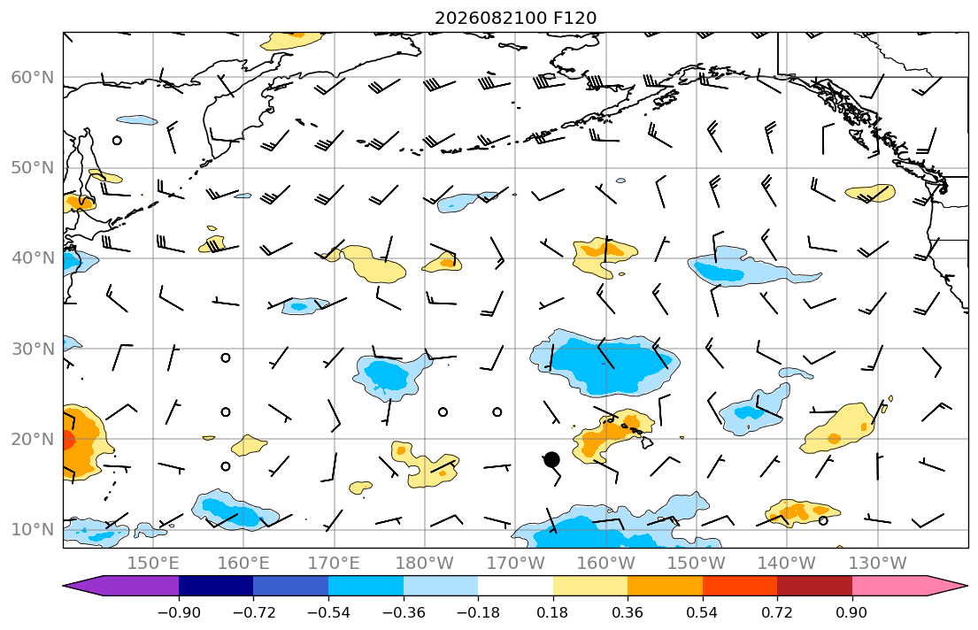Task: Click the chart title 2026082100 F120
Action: (515, 18)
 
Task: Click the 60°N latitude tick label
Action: (33, 77)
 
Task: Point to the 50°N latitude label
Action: (33, 168)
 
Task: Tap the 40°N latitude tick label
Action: (33, 258)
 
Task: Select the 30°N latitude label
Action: (33, 349)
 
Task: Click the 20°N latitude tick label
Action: (33, 439)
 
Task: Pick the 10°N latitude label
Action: (33, 530)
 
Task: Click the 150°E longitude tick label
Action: (153, 564)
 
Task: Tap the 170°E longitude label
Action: (335, 564)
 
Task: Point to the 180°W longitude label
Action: (425, 564)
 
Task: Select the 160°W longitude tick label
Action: (606, 564)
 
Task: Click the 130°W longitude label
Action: (878, 564)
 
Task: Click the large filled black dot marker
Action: (551, 460)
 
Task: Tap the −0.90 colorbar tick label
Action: (179, 612)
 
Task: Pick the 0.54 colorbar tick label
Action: (703, 612)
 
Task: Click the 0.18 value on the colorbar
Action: (552, 612)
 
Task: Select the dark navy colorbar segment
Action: (216, 586)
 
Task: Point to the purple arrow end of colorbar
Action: (121, 586)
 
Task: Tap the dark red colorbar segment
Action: (814, 586)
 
